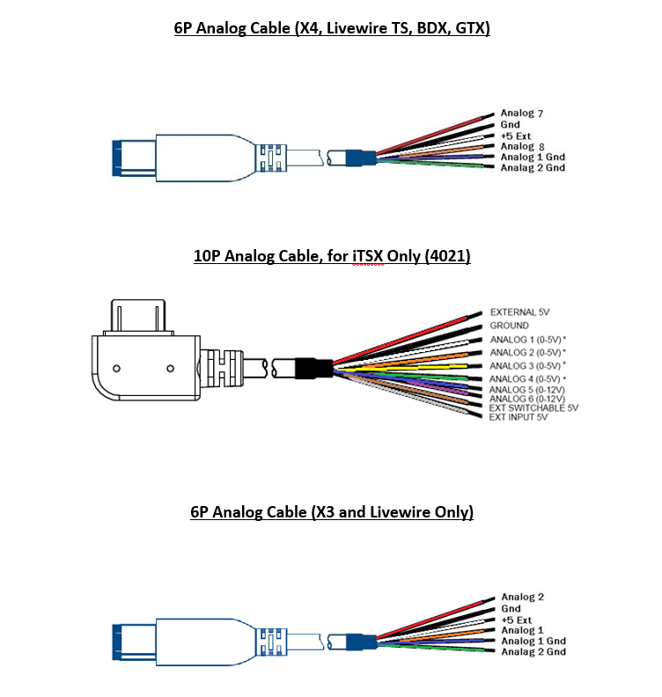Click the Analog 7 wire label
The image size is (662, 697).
523,114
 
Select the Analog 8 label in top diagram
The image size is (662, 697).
523,146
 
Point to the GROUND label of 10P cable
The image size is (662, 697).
510,326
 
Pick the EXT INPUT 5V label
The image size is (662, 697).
519,417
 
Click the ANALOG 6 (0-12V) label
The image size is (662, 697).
527,399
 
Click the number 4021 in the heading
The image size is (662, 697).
451,257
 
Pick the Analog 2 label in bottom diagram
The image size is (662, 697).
523,598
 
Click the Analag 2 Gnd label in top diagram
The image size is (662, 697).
533,167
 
